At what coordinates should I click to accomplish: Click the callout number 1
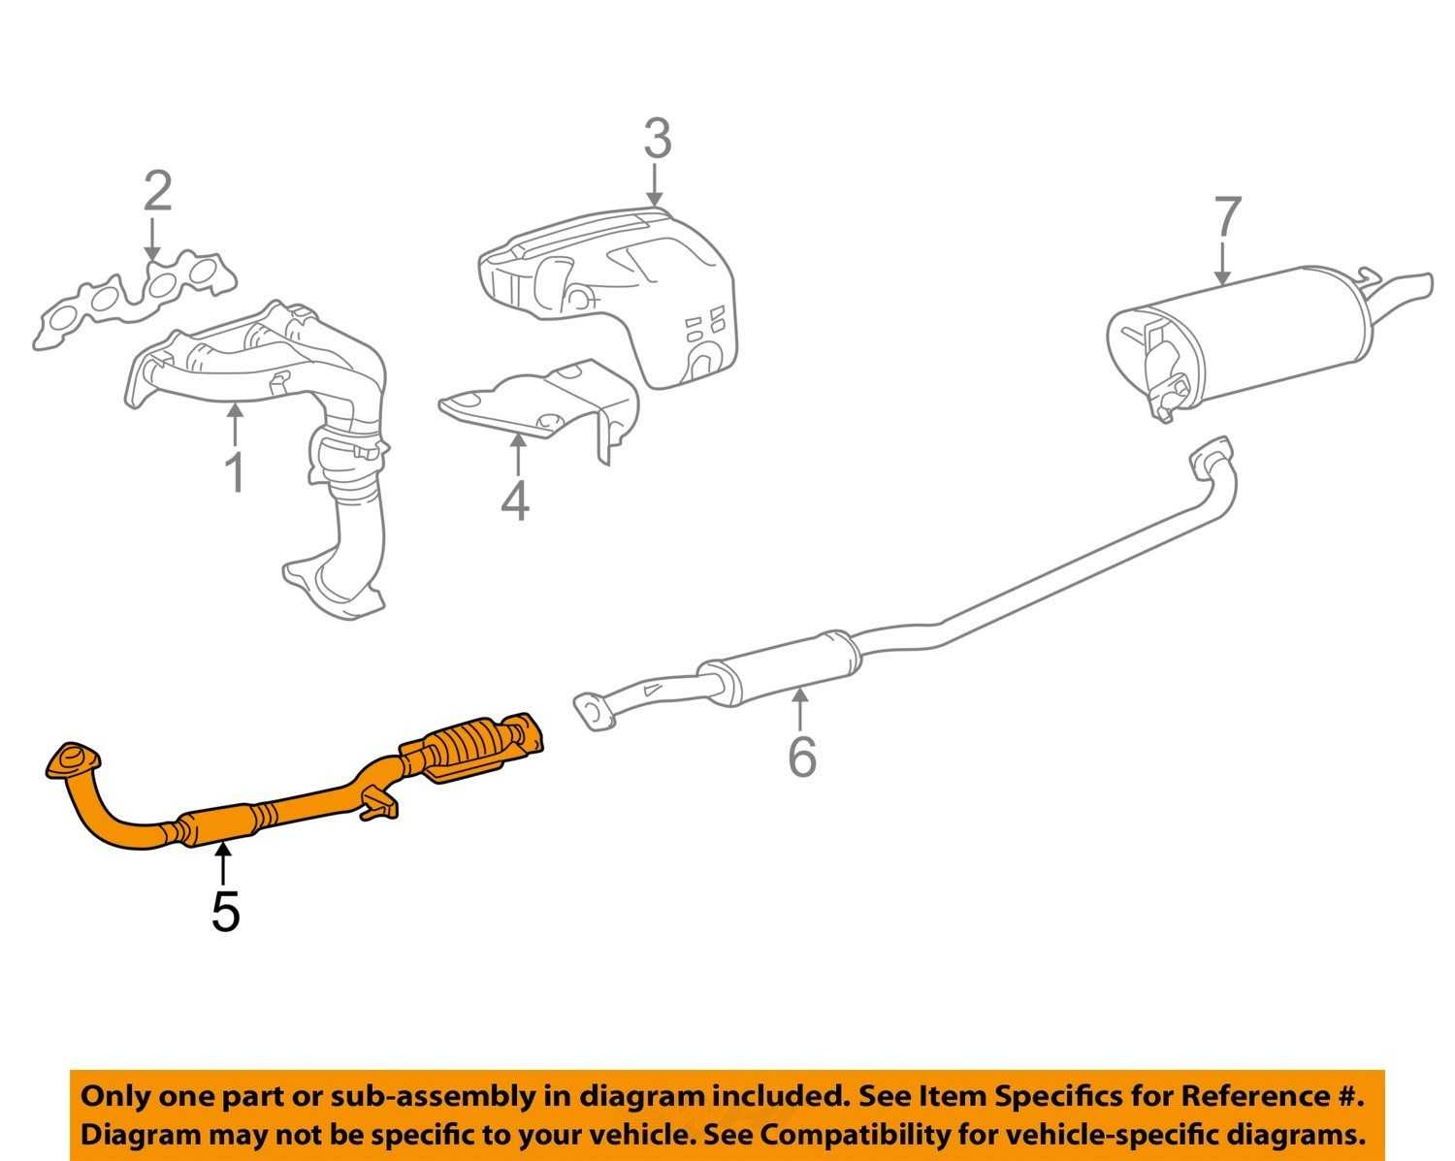(234, 472)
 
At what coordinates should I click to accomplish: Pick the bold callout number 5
(225, 912)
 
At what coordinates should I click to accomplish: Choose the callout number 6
(801, 757)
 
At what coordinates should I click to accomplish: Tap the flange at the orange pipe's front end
(73, 760)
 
